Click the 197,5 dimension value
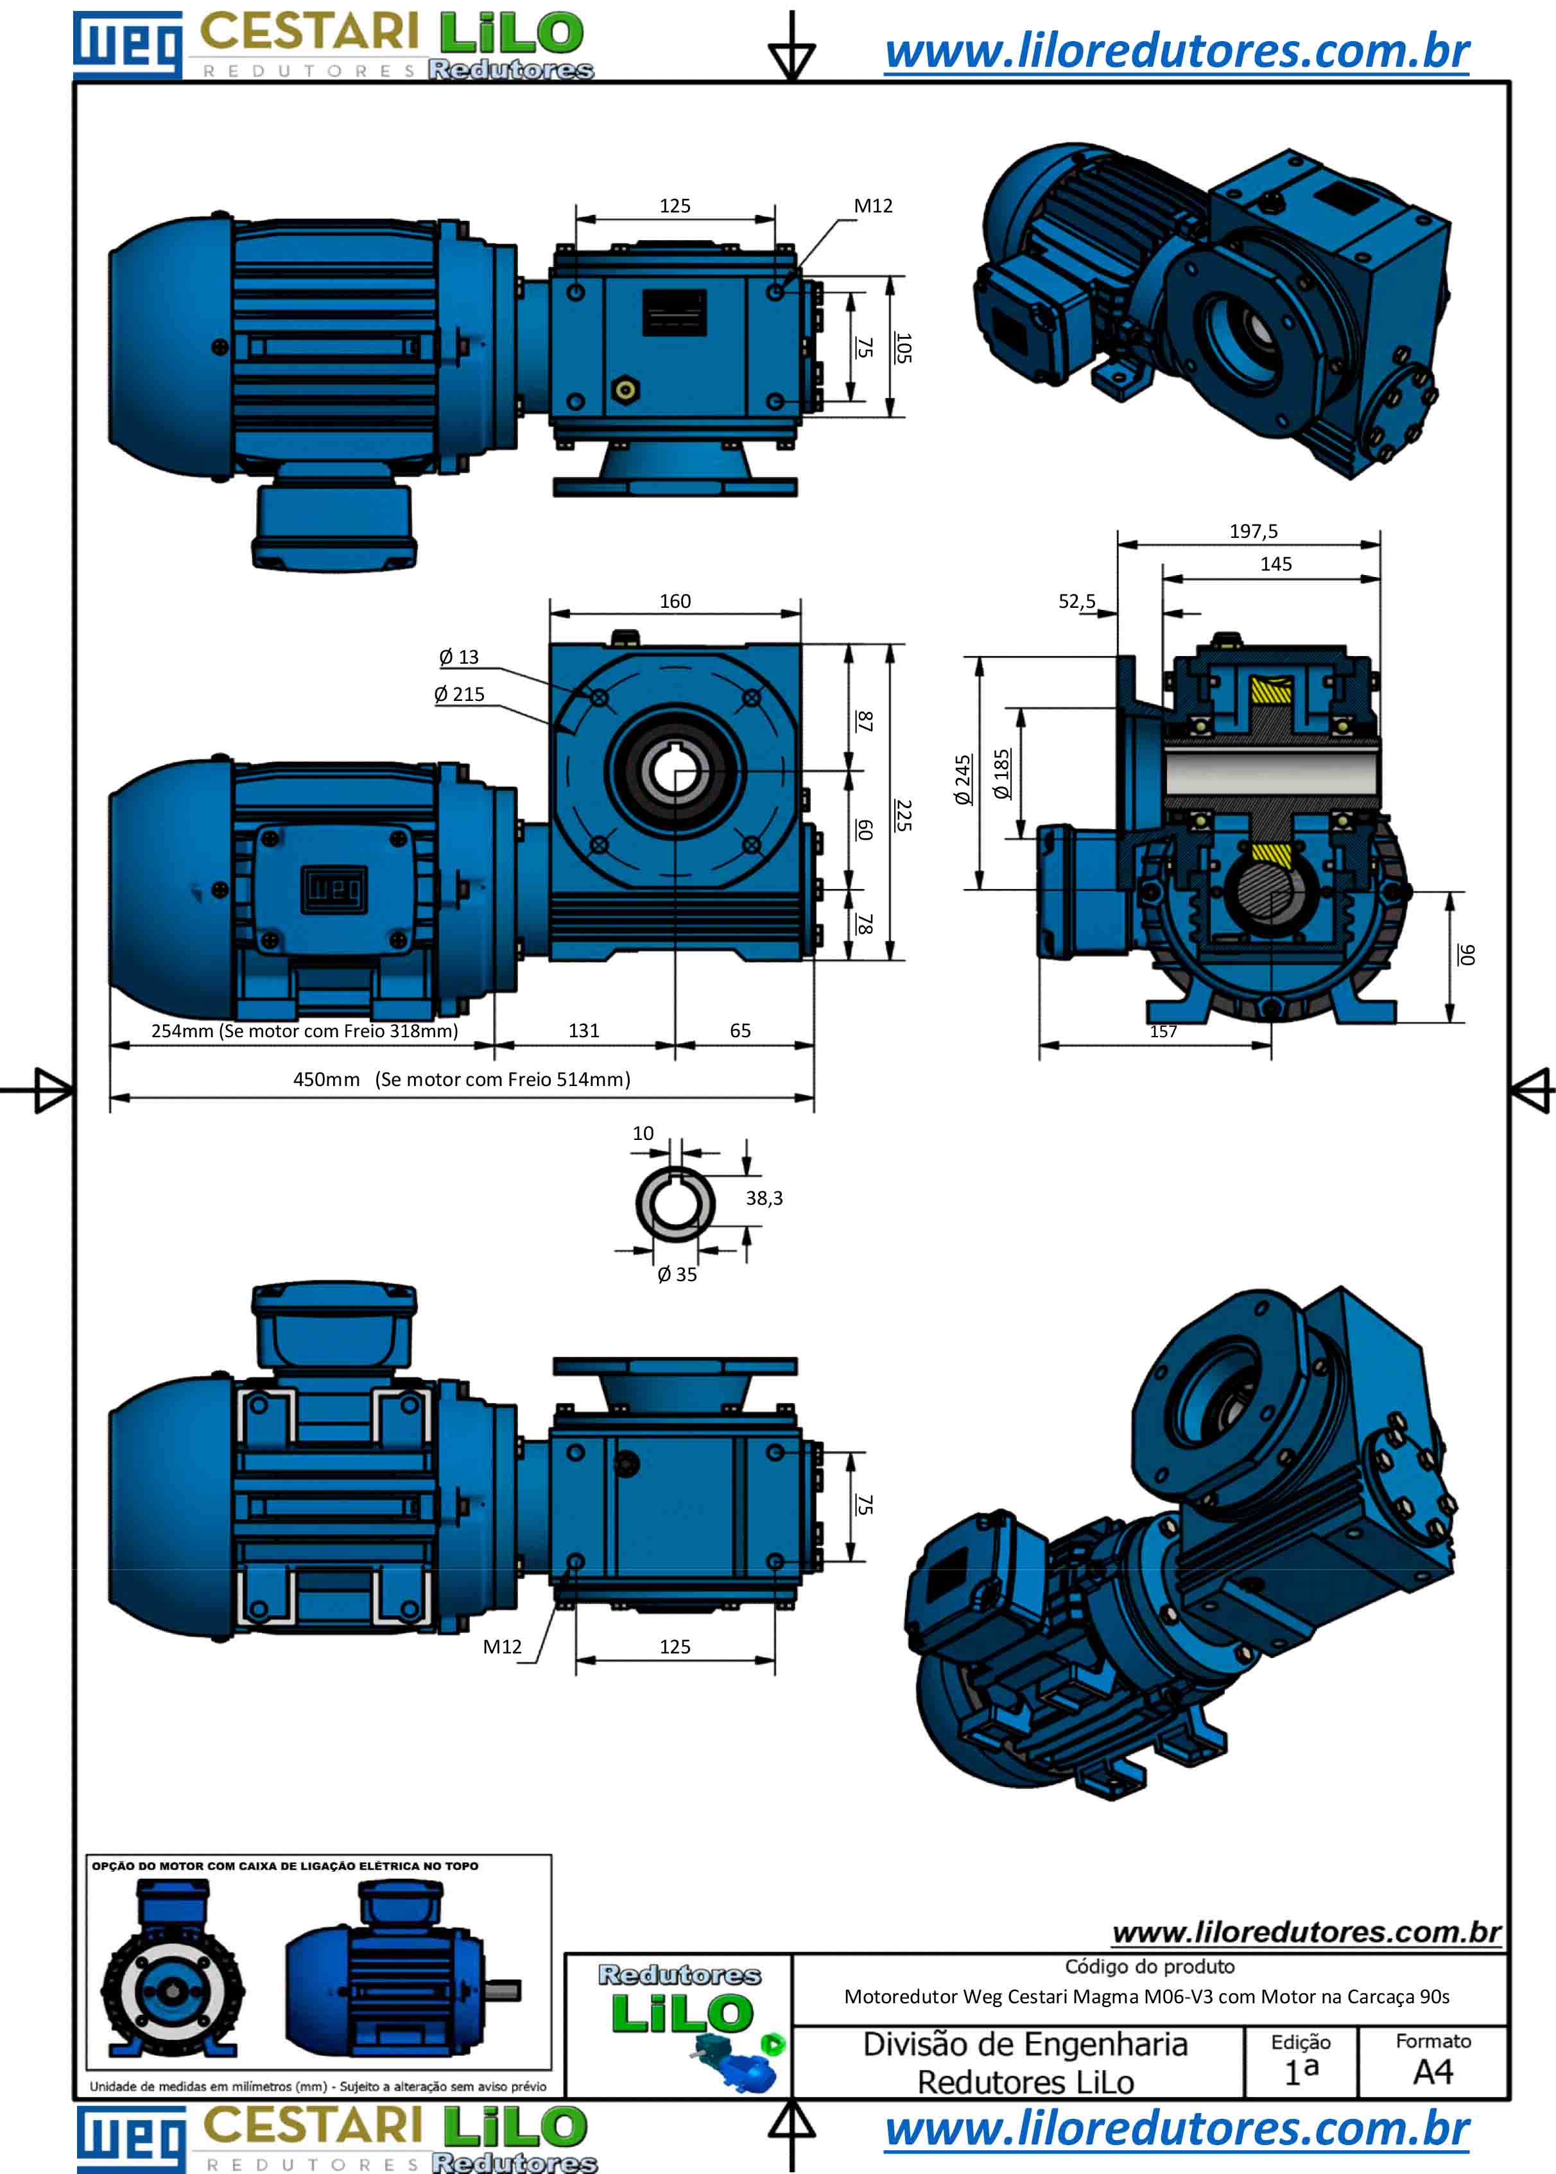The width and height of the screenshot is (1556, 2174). pyautogui.click(x=1253, y=531)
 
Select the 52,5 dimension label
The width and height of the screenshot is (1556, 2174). pyautogui.click(x=1076, y=601)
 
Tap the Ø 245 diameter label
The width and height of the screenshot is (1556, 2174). pyautogui.click(x=963, y=779)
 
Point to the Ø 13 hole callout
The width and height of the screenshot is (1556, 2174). pyautogui.click(x=459, y=657)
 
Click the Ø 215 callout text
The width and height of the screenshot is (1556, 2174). pyautogui.click(x=459, y=694)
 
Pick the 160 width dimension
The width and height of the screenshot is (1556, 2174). pyautogui.click(x=675, y=601)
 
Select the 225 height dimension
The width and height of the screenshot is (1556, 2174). pyautogui.click(x=903, y=815)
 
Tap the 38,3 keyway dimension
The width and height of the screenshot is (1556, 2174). pyautogui.click(x=764, y=1198)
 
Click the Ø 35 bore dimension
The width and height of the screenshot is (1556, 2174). pyautogui.click(x=677, y=1274)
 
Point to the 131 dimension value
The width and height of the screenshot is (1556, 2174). pyautogui.click(x=583, y=1030)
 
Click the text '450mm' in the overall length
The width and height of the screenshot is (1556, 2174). pyautogui.click(x=325, y=1079)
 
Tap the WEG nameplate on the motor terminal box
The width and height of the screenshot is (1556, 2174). pyautogui.click(x=334, y=889)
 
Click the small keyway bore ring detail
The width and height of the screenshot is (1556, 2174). pyautogui.click(x=675, y=1203)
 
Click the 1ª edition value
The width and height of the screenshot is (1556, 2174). pyautogui.click(x=1301, y=2071)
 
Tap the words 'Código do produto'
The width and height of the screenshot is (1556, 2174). pyautogui.click(x=1150, y=1966)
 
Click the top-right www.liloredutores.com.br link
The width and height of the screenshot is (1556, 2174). pyautogui.click(x=1177, y=52)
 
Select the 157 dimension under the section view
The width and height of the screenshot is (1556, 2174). pyautogui.click(x=1163, y=1031)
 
